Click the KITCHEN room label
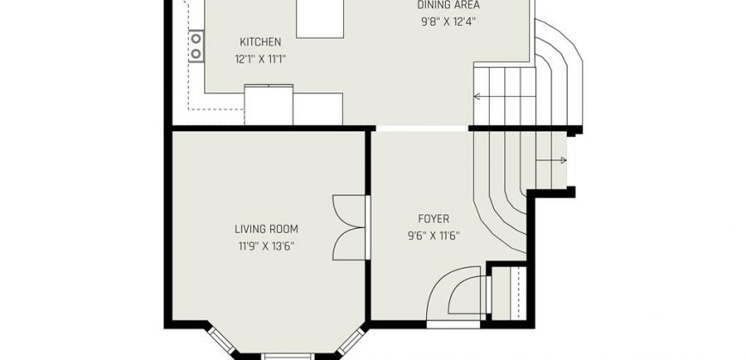(x=261, y=42)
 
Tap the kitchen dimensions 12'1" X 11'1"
(x=261, y=59)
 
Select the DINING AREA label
(x=448, y=5)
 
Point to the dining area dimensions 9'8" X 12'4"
(x=448, y=22)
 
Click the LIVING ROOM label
(x=267, y=229)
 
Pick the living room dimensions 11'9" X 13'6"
(x=267, y=246)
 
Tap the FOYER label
(x=433, y=219)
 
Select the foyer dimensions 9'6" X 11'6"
(x=433, y=236)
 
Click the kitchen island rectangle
(x=320, y=18)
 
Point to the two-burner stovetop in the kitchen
(x=196, y=46)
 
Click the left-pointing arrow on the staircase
(x=504, y=97)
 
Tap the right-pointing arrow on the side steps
(x=551, y=160)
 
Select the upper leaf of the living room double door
(x=349, y=211)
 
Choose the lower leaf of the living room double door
(x=349, y=243)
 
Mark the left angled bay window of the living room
(x=223, y=340)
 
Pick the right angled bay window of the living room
(x=351, y=340)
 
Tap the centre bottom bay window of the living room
(x=287, y=357)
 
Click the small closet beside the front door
(x=508, y=293)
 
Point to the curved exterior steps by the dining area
(x=559, y=71)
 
